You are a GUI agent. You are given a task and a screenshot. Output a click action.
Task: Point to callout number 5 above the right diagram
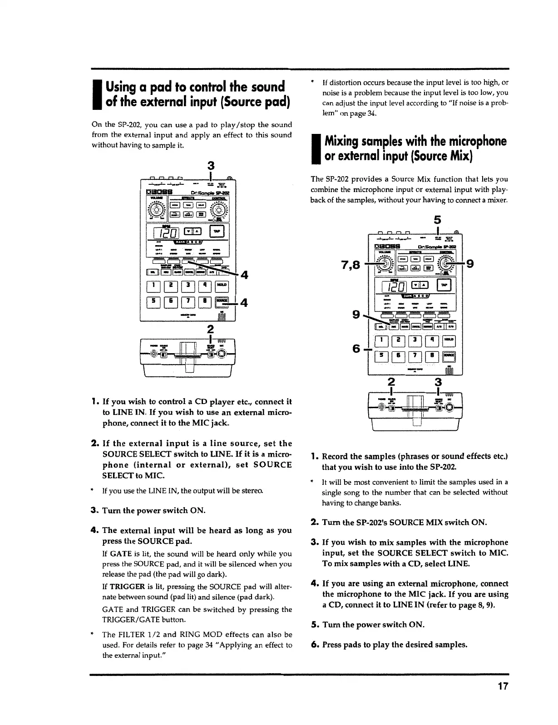coord(438,220)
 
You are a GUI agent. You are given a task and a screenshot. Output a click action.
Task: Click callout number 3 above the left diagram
coord(211,165)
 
